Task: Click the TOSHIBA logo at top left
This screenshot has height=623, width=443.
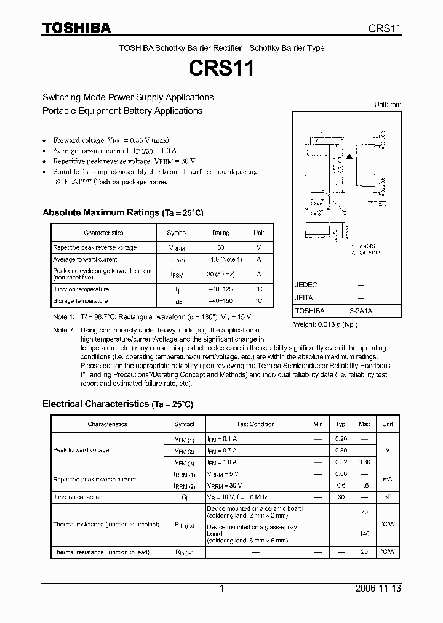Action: pos(76,28)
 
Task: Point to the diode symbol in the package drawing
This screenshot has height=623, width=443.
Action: pos(349,156)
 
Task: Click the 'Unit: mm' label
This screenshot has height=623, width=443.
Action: pos(388,105)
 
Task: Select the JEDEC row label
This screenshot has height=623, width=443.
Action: pos(306,285)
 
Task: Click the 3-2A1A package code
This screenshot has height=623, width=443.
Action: pos(361,311)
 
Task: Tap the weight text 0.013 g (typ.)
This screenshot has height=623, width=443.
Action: pos(325,324)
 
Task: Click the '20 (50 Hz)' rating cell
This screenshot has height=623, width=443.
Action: pos(221,275)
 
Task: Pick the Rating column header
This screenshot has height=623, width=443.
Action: pos(221,233)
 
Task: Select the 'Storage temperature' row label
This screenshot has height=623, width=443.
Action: pos(80,301)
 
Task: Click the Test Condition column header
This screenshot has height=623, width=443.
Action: pos(255,424)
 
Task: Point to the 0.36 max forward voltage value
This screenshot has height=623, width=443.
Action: pos(364,462)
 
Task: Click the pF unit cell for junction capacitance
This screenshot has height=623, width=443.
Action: pos(388,497)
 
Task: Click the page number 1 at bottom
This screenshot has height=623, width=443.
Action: pos(221,589)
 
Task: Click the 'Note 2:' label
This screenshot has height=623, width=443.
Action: pos(63,331)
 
